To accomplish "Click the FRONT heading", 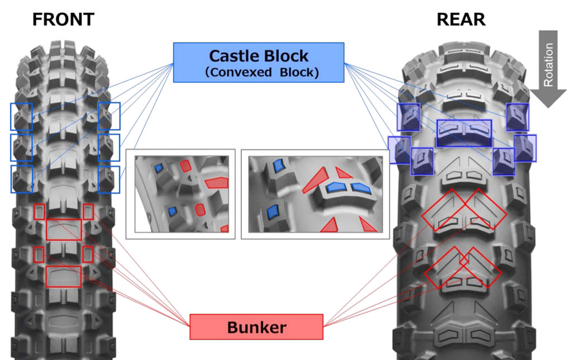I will (x=63, y=20).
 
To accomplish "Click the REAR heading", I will (x=461, y=20).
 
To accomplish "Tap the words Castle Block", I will (x=258, y=56).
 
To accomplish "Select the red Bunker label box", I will (x=256, y=327).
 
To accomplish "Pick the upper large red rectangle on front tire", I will (x=64, y=229).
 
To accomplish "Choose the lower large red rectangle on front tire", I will (x=64, y=277).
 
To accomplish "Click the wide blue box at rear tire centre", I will (x=464, y=133).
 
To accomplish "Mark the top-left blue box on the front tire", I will (x=21, y=116).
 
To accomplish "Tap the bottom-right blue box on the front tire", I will (x=109, y=179).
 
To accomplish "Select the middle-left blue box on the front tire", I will (x=21, y=148).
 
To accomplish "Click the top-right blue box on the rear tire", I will (x=517, y=116).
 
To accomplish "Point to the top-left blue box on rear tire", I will (x=408, y=116).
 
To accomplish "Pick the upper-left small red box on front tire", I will (x=39, y=212).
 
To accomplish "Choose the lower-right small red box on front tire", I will (x=88, y=254).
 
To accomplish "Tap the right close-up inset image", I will (x=315, y=193).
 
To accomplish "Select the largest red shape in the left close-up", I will (x=217, y=182).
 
